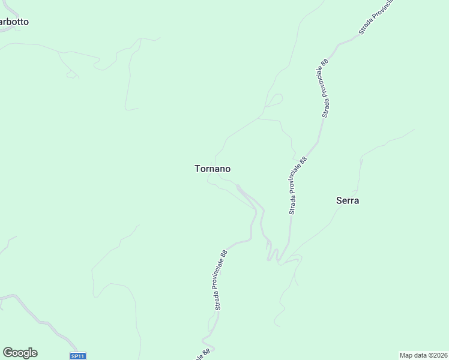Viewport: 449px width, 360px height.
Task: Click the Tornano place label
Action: tap(212, 169)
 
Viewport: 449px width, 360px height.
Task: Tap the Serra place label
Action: tap(348, 201)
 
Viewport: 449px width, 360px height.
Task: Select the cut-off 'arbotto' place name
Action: tap(14, 22)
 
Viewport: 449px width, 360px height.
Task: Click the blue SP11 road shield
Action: tap(78, 356)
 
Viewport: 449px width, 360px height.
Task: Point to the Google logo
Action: tap(20, 352)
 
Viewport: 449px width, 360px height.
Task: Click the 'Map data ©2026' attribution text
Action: tap(423, 355)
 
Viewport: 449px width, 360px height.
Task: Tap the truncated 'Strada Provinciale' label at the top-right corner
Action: tap(377, 16)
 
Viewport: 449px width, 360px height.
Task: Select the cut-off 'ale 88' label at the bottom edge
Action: tap(203, 355)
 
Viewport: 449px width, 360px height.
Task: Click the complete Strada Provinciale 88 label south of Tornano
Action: tap(221, 280)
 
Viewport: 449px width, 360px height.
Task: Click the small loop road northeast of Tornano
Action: tap(274, 100)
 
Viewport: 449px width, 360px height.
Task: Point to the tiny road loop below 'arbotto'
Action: tap(72, 74)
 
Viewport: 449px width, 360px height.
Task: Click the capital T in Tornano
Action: tap(197, 169)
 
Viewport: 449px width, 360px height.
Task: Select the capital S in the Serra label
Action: tap(339, 201)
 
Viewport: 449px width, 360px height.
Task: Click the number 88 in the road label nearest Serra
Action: tap(303, 161)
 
